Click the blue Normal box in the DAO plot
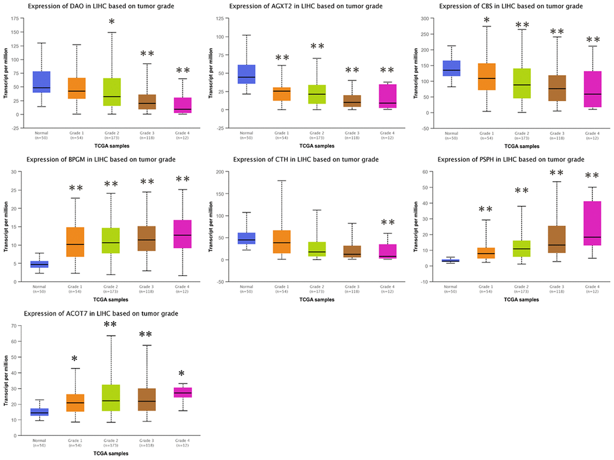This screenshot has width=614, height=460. pyautogui.click(x=42, y=82)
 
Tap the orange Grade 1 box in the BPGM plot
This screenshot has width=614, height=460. pyautogui.click(x=76, y=241)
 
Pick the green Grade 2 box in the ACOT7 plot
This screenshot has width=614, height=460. pyautogui.click(x=111, y=398)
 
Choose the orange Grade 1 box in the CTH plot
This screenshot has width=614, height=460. pyautogui.click(x=282, y=241)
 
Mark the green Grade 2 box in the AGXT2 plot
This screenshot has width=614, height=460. pyautogui.click(x=317, y=94)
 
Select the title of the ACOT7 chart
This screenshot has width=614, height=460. pyautogui.click(x=101, y=314)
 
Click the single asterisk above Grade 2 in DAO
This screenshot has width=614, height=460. pyautogui.click(x=111, y=23)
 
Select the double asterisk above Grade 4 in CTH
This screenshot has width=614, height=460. pyautogui.click(x=387, y=223)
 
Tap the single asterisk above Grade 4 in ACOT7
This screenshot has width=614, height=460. pyautogui.click(x=181, y=374)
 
